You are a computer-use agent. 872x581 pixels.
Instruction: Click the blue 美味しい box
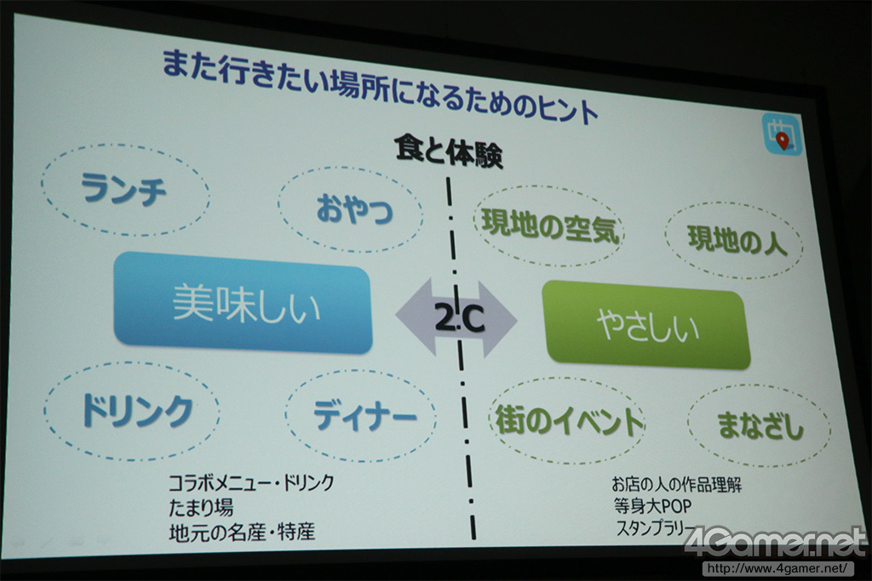coord(243,303)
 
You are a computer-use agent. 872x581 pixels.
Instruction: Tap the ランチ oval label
coord(125,190)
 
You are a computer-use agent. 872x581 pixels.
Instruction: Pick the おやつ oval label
coord(350,209)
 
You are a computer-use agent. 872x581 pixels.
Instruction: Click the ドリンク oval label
coord(132,411)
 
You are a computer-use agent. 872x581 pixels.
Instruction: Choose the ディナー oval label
coord(361,416)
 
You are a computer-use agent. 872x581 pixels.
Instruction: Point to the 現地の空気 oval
coord(549,225)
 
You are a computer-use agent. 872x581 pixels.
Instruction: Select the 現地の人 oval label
coord(735,240)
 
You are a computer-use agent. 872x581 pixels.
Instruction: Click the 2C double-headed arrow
coord(456,318)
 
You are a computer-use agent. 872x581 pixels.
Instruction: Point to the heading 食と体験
coord(449,151)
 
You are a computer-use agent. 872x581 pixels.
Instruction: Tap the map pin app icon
coord(783,134)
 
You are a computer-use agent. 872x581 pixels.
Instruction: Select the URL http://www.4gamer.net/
coord(778,568)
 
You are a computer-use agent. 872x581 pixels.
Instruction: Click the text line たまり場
coord(201,507)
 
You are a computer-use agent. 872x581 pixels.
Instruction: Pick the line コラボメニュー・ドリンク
coord(251,482)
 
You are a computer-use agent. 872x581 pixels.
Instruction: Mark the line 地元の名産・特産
coord(242,533)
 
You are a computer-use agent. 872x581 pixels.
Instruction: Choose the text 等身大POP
coord(653,506)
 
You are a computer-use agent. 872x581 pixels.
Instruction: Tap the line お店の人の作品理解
coord(677,484)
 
